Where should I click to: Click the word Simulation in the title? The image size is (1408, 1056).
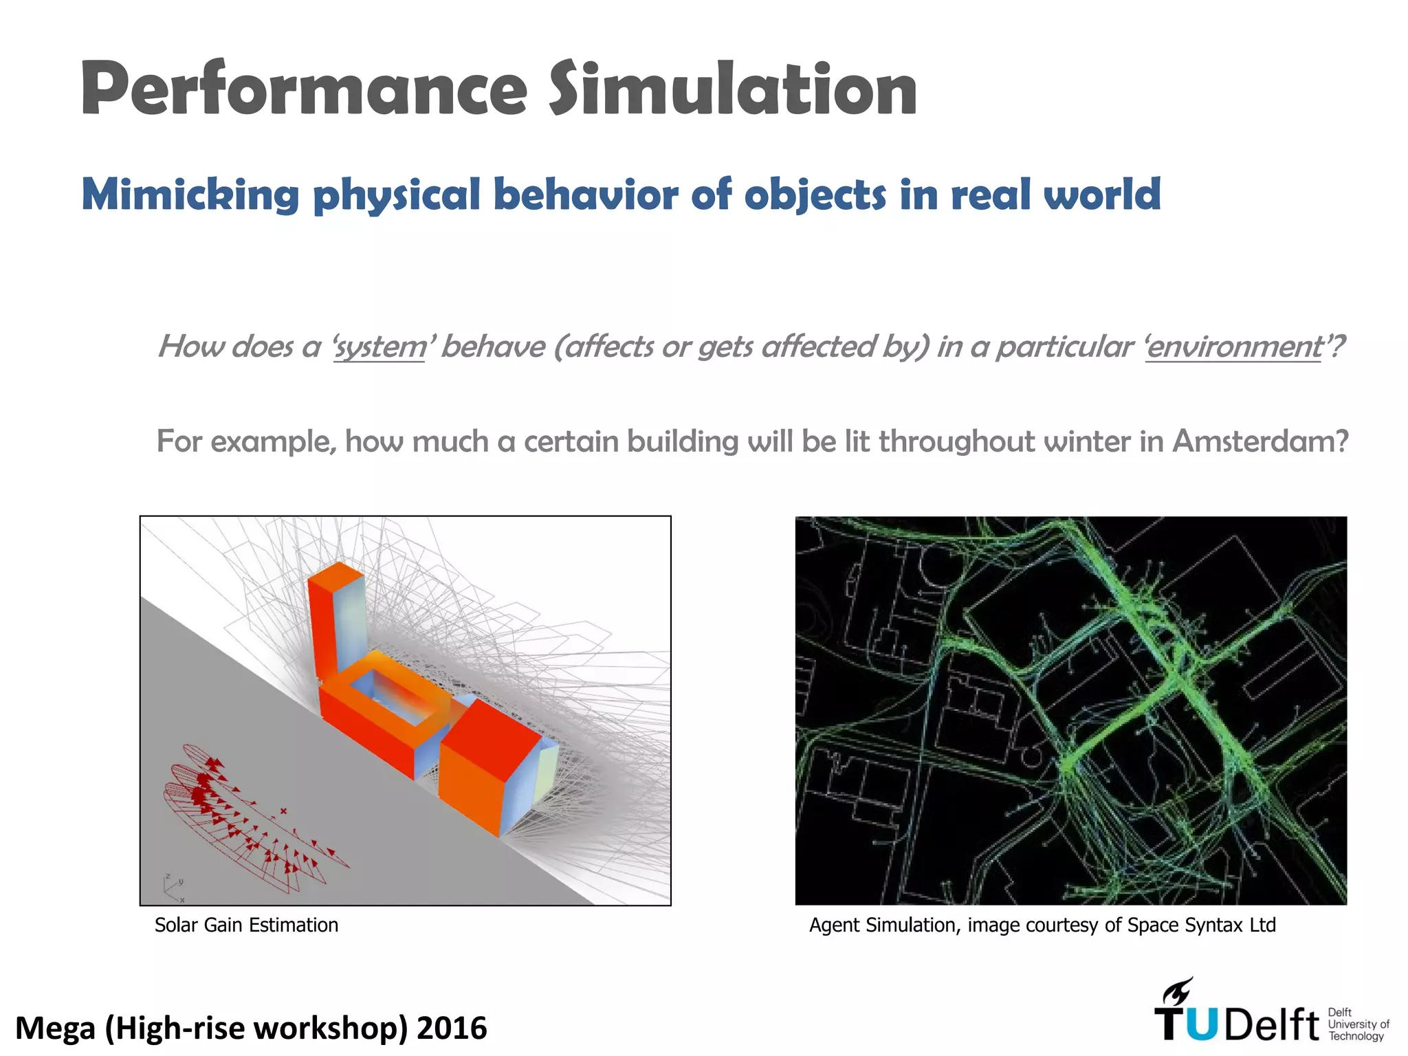(732, 89)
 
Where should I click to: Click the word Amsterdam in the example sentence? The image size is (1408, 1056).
(1259, 441)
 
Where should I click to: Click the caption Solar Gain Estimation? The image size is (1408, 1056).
(246, 925)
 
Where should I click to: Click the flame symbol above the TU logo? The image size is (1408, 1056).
(1178, 992)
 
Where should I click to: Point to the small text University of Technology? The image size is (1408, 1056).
(1358, 1024)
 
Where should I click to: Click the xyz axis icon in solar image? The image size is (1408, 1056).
(173, 888)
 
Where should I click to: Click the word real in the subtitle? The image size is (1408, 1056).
(991, 195)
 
